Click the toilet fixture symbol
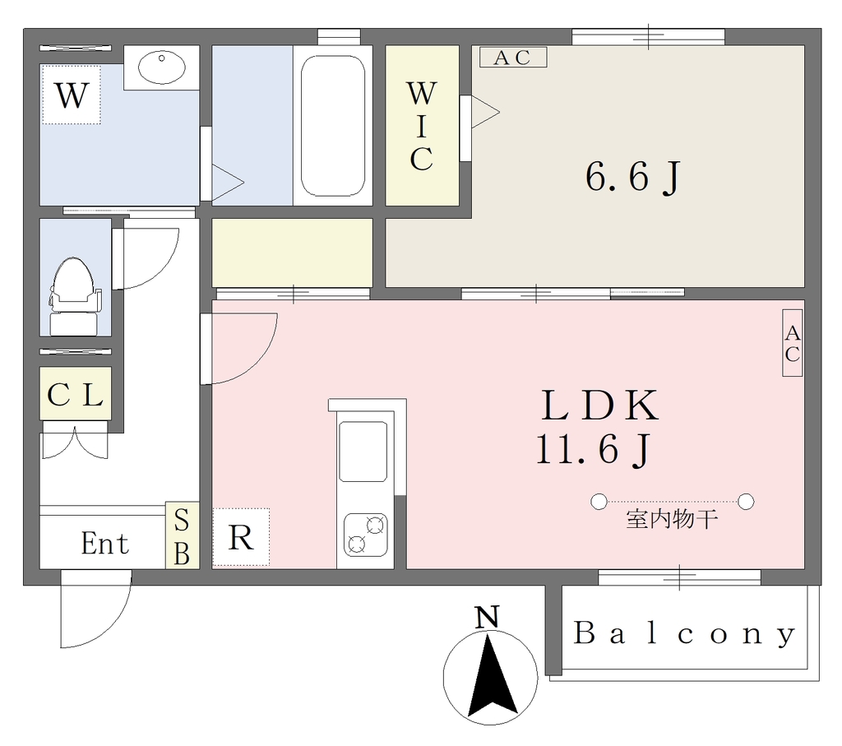coord(73,296)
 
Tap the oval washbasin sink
coord(162,67)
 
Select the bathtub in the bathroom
coord(333,126)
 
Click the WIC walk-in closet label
coord(422,126)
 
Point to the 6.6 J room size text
coord(633,177)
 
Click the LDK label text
coord(599,405)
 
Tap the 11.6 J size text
coord(594,449)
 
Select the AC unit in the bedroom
coord(513,58)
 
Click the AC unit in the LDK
coord(792,343)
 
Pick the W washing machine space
coord(72,95)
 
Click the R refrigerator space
coord(241,537)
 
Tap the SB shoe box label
coord(182,535)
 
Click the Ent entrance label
coord(105,544)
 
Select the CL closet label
coord(75,396)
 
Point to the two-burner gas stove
coord(366,535)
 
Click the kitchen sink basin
coord(363,452)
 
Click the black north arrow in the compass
coord(490,675)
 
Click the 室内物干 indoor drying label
coord(672,520)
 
